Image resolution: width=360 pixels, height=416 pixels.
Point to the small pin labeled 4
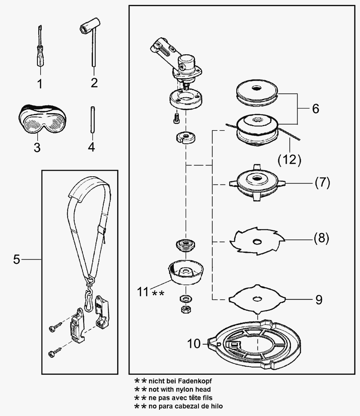[x=91, y=119]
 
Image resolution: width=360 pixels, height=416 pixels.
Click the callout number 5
[x=17, y=260]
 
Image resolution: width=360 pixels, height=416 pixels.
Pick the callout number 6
[x=315, y=109]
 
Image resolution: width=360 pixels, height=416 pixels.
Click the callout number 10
[x=194, y=344]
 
